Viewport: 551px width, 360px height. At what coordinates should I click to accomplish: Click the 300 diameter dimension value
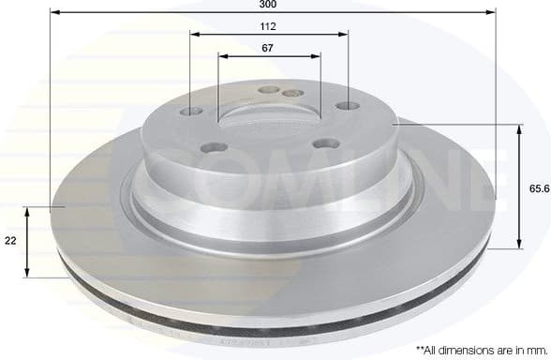point(269,6)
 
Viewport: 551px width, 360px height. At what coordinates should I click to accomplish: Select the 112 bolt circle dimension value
point(269,26)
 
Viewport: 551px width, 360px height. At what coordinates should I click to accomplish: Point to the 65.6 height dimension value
point(538,188)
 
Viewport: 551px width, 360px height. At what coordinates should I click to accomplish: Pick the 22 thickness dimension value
point(10,241)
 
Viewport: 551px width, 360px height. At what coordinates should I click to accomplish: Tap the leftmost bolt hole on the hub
point(191,112)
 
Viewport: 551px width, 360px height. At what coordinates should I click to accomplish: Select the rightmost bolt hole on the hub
point(348,107)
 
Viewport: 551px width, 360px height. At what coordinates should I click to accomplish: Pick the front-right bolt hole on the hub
point(325,142)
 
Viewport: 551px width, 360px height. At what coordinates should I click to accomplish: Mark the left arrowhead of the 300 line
point(53,13)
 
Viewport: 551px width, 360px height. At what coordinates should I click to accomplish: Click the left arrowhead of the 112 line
point(194,34)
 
